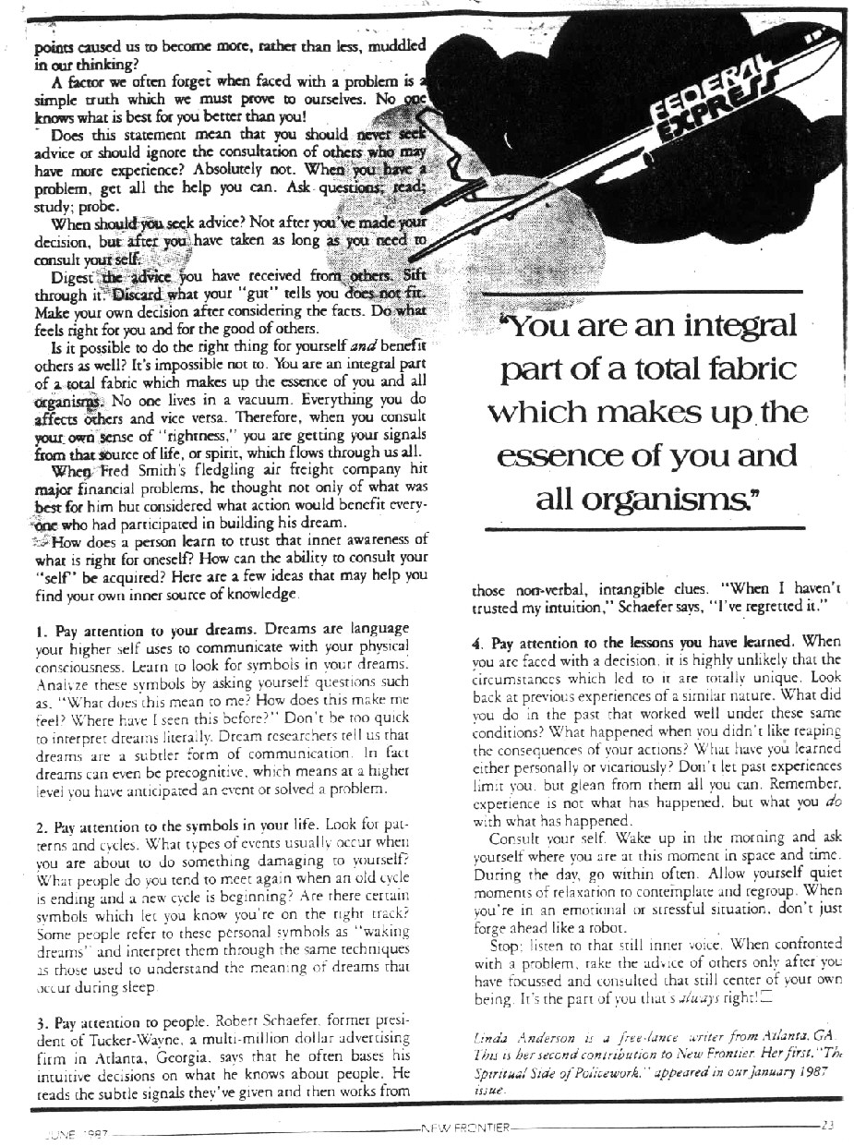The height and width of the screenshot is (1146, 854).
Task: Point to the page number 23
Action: [826, 1124]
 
